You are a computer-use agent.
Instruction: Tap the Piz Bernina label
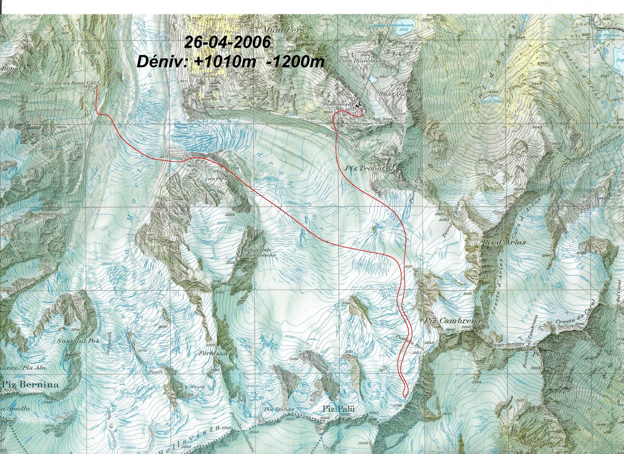(x=29, y=384)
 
